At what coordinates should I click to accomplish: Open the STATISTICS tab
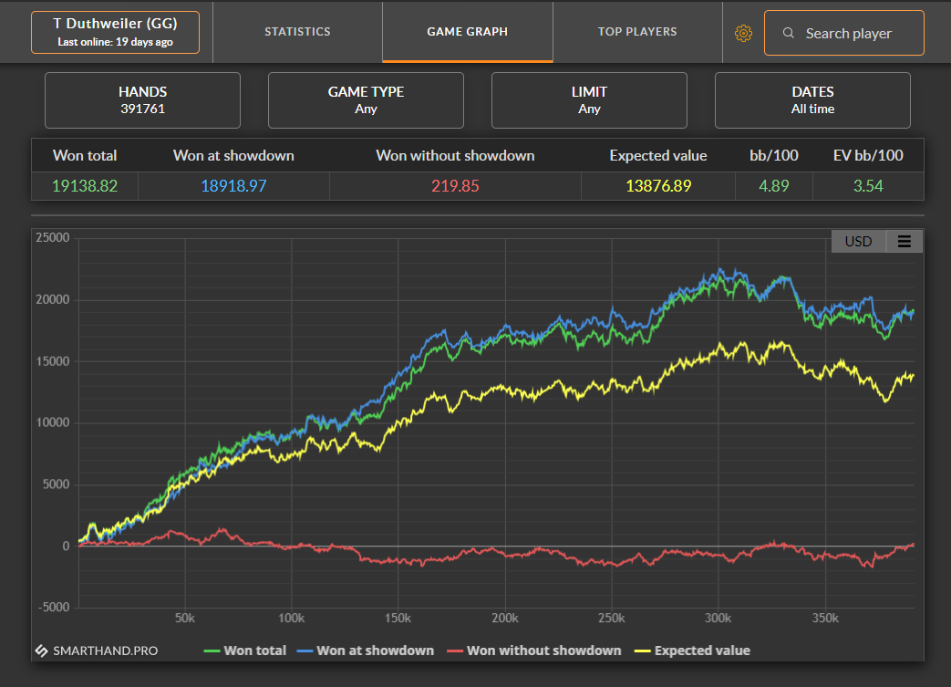[297, 32]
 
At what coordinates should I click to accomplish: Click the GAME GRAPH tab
[467, 32]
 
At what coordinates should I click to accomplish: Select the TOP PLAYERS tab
[637, 32]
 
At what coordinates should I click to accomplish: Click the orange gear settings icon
[744, 34]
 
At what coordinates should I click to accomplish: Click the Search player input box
[843, 33]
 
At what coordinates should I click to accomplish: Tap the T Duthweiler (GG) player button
[115, 32]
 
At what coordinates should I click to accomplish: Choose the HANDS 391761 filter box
[142, 100]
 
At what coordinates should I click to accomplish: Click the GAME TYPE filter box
[366, 100]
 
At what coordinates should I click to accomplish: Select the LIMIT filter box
[589, 100]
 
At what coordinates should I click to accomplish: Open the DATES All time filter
[812, 100]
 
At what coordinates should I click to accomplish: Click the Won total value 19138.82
[85, 186]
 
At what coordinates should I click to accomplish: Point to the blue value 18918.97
[233, 186]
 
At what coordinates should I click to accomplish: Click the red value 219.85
[456, 186]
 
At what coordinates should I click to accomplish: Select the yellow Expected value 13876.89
[658, 186]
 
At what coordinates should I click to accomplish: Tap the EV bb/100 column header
[868, 155]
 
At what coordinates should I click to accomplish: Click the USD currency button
[858, 242]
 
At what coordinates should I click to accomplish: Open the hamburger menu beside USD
[904, 242]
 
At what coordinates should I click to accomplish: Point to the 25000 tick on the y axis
[53, 237]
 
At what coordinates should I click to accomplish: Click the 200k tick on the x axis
[504, 618]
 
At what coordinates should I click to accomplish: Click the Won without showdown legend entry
[534, 651]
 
